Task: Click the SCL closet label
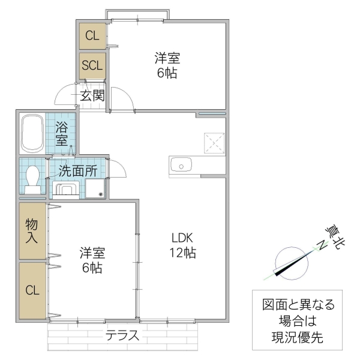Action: pos(93,65)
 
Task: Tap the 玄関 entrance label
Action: pos(93,95)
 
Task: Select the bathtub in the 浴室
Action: pos(32,134)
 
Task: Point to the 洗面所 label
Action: pos(78,170)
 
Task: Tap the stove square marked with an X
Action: pos(214,142)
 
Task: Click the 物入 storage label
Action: pos(32,231)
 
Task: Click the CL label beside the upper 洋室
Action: pos(92,35)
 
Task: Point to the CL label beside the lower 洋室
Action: pos(32,290)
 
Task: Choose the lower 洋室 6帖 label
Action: pos(92,260)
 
